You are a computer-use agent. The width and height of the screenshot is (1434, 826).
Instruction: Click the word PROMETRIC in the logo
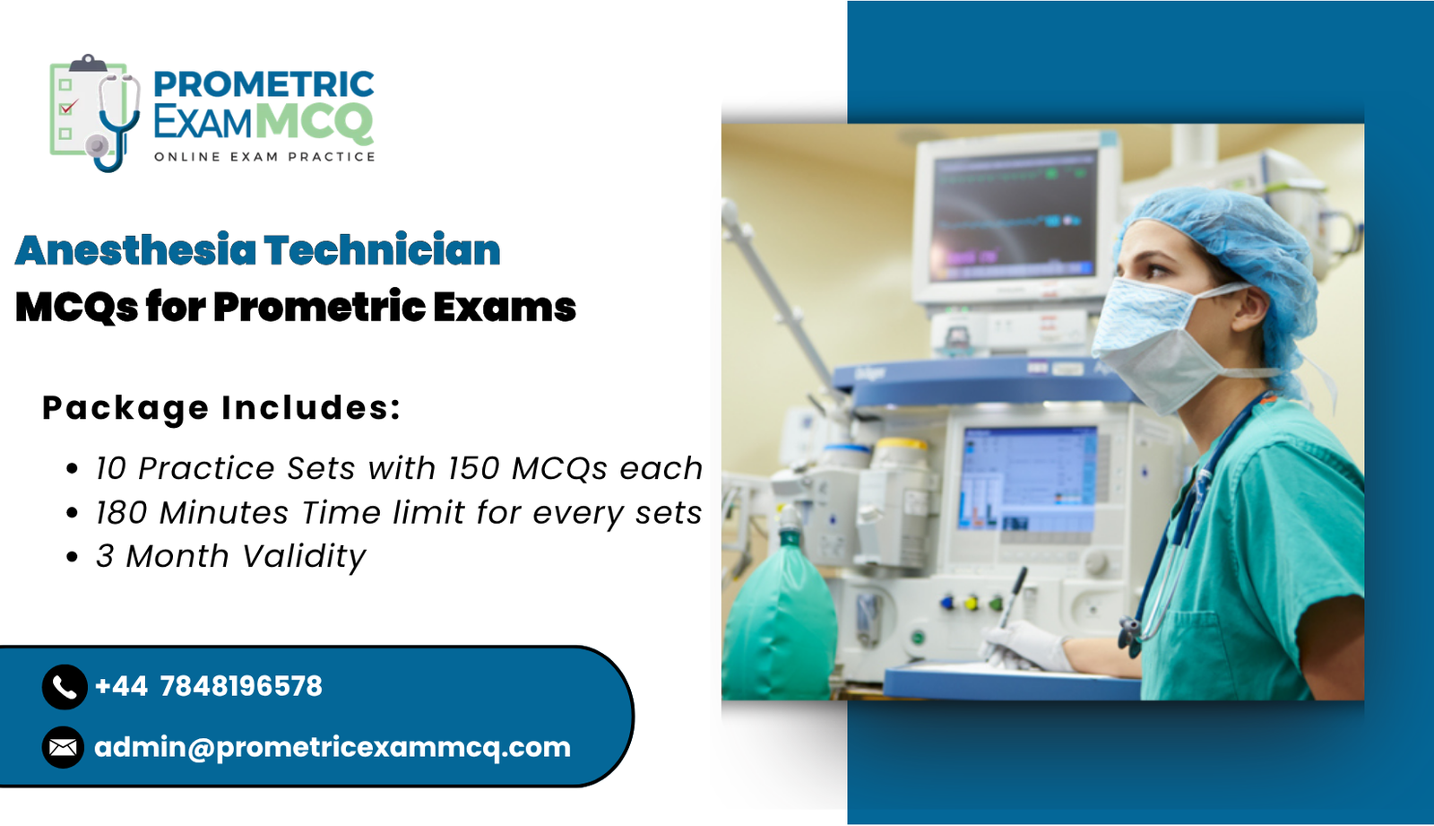263,84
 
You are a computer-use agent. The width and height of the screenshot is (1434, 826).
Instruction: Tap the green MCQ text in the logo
314,122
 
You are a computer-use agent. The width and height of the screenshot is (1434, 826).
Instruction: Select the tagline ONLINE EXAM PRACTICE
264,157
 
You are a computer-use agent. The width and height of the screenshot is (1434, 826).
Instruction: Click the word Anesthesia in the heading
135,250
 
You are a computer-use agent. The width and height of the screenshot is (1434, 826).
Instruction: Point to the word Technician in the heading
382,250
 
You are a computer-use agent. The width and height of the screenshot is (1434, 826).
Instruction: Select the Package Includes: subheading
221,408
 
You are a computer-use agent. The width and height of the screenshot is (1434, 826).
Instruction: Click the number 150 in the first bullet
474,468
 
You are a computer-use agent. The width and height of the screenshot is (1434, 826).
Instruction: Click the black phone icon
65,687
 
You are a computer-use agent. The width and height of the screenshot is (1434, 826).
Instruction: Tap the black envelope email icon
63,747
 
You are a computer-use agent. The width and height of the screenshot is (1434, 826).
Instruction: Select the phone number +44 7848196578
208,687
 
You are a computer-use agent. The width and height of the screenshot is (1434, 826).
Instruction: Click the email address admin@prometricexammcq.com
332,747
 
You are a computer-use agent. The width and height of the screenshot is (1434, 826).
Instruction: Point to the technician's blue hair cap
1228,242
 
